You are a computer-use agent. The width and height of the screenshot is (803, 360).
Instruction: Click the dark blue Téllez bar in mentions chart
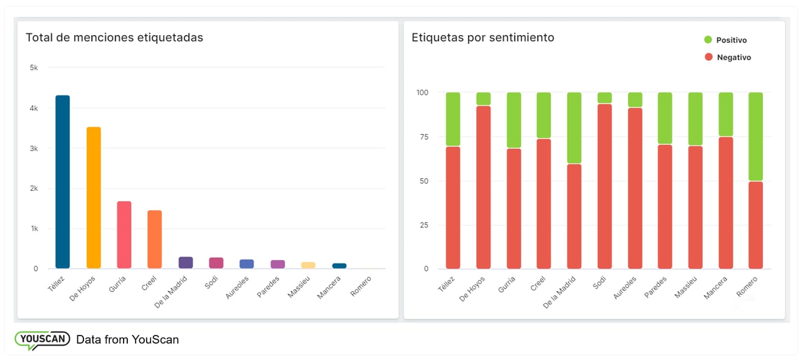tap(63, 182)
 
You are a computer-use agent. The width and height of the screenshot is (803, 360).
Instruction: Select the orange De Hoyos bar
tap(93, 198)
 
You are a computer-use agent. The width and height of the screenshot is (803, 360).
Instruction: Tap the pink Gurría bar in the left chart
tap(124, 235)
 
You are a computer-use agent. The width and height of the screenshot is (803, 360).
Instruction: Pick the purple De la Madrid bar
tap(186, 262)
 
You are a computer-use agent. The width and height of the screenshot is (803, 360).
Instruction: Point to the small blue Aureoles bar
tap(247, 264)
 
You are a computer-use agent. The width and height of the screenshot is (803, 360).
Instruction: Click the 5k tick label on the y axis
tap(34, 67)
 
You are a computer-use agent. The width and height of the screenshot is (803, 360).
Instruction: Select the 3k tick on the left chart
tap(34, 149)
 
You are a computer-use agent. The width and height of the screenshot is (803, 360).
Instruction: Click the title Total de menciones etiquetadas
tap(114, 38)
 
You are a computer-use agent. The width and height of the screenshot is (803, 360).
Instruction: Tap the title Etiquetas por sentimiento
tap(482, 38)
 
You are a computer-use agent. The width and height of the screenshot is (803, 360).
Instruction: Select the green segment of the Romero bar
tap(755, 137)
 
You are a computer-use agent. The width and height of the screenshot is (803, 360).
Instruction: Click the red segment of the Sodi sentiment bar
tap(604, 186)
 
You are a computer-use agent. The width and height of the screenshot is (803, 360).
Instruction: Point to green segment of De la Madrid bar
tap(574, 128)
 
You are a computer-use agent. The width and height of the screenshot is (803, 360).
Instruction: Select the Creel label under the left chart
tap(149, 283)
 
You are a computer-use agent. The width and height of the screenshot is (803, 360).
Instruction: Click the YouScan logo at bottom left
tap(42, 340)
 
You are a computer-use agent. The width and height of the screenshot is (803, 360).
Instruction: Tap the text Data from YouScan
tap(127, 340)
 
